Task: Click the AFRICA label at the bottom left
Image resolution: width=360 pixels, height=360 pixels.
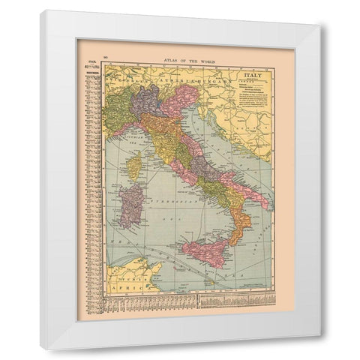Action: click(x=119, y=285)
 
